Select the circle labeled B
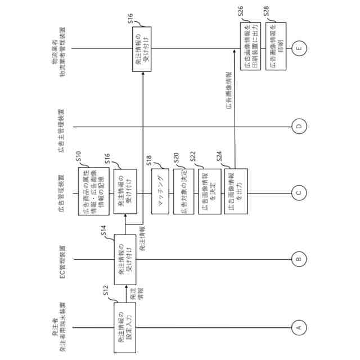pos(299,259)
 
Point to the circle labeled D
pos(299,126)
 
